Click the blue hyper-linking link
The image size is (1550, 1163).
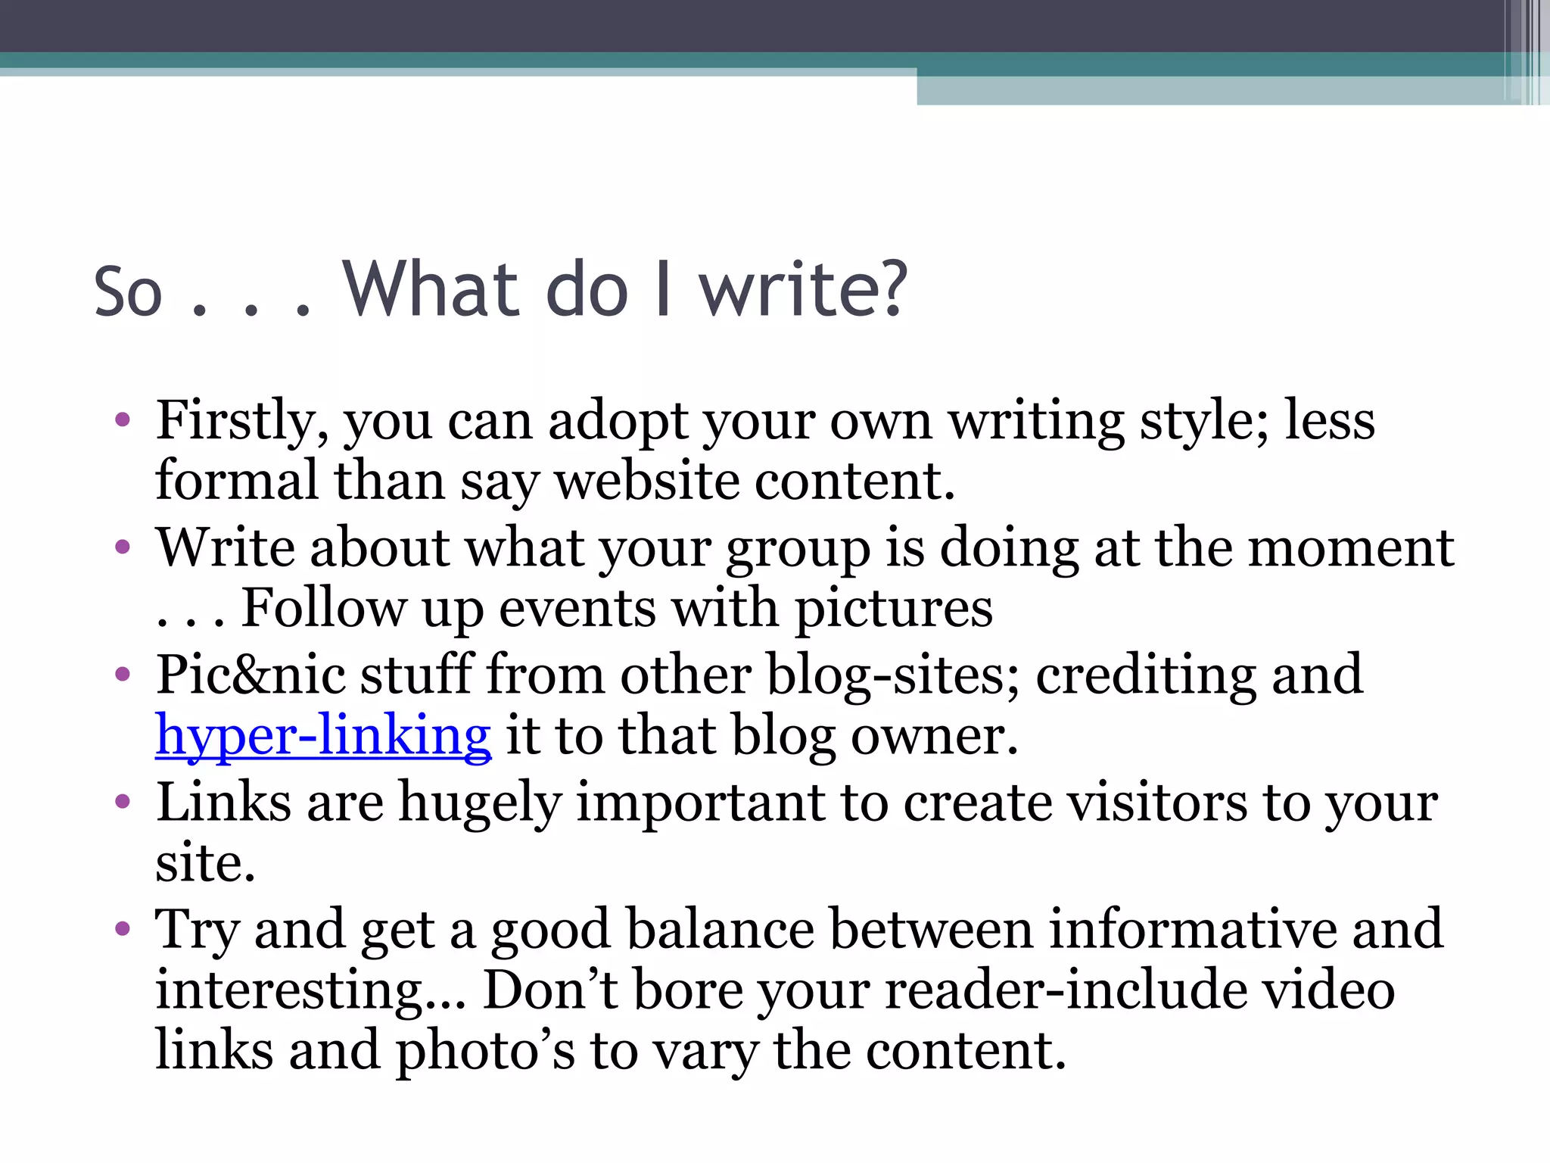pyautogui.click(x=323, y=736)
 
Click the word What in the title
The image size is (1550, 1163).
pyautogui.click(x=431, y=290)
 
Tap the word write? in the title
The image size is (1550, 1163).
pyautogui.click(x=802, y=290)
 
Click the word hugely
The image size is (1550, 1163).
pyautogui.click(x=480, y=803)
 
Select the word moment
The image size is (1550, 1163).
pyautogui.click(x=1350, y=547)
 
